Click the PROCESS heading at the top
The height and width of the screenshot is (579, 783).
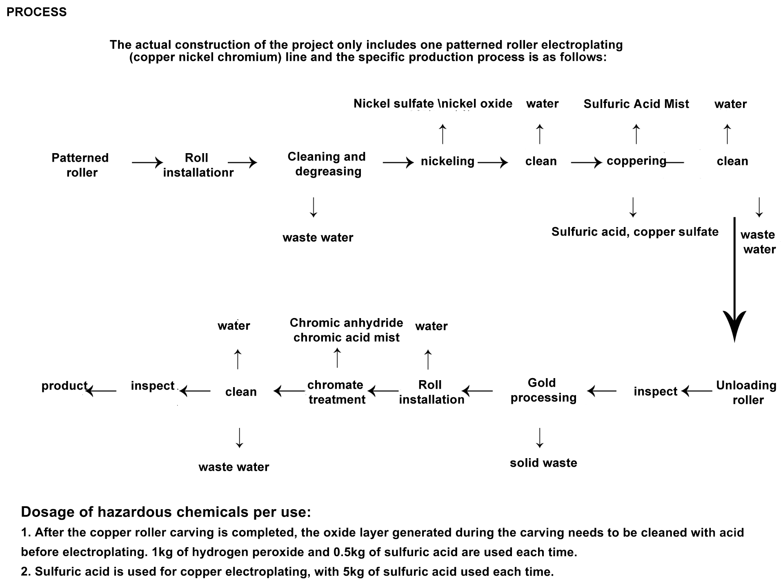click(x=36, y=12)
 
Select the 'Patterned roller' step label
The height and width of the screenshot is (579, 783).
click(x=80, y=165)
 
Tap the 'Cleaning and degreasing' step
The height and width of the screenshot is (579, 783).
click(x=327, y=164)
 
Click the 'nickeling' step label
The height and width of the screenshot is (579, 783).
click(x=447, y=161)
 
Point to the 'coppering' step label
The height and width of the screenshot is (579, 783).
click(x=636, y=161)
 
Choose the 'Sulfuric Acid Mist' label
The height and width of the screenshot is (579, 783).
click(x=636, y=104)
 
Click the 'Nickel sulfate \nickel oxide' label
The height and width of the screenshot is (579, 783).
click(x=433, y=104)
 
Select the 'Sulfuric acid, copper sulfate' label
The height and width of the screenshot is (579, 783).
click(x=635, y=232)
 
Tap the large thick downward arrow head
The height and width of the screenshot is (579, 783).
click(x=734, y=325)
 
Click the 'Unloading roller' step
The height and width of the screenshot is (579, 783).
click(x=746, y=392)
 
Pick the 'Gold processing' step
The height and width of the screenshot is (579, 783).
click(x=543, y=390)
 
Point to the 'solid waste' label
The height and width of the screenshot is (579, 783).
click(x=543, y=463)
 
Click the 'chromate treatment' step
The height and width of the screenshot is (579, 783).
click(x=336, y=392)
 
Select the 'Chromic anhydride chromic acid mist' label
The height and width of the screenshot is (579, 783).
click(x=346, y=330)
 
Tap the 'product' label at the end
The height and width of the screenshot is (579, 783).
click(x=65, y=386)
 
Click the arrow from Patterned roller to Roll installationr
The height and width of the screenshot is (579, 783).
click(x=147, y=163)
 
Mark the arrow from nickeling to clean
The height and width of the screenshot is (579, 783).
click(x=493, y=163)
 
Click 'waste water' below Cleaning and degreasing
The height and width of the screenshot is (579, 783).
click(x=318, y=238)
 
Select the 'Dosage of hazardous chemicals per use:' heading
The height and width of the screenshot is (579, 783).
click(x=166, y=512)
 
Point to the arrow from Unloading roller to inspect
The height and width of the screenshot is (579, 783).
click(x=697, y=391)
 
